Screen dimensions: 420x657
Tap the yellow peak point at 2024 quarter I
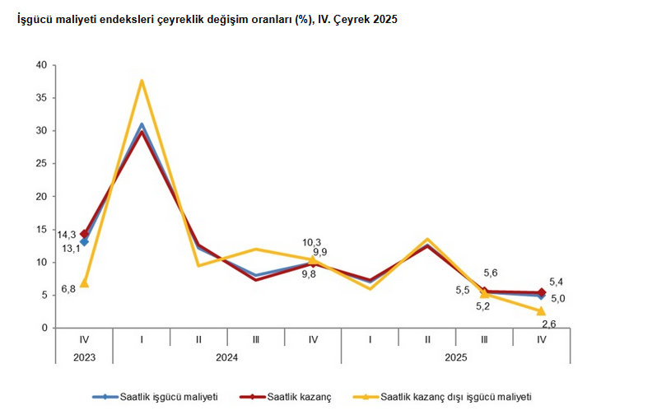[x=142, y=81]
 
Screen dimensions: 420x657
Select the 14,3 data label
[x=67, y=235]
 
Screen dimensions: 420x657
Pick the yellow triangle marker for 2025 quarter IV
[x=541, y=310]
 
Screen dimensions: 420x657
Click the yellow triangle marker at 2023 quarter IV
[x=84, y=283]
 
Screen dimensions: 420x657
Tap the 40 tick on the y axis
[x=40, y=65]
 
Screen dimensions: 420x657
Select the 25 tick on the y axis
[x=40, y=164]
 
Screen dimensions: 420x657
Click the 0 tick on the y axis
[x=44, y=329]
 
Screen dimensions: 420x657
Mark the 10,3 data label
[x=312, y=241]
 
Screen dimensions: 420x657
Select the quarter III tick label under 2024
[x=256, y=339]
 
